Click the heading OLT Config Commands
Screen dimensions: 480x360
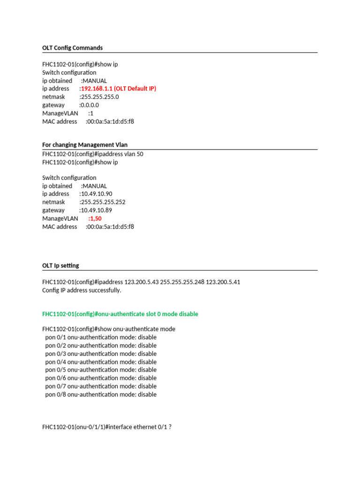(x=72, y=48)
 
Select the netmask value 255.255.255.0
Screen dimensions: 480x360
(x=99, y=97)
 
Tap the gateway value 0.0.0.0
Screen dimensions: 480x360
(x=89, y=105)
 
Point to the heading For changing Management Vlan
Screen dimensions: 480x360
(x=85, y=145)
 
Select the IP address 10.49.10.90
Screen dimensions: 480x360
(x=97, y=194)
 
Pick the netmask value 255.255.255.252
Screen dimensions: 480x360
(x=103, y=202)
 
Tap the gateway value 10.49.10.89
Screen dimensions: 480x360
(x=96, y=210)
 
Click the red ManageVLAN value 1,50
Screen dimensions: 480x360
(x=95, y=218)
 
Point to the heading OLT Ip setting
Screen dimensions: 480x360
(x=60, y=265)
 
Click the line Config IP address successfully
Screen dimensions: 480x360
(x=82, y=290)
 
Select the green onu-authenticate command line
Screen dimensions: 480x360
(x=120, y=314)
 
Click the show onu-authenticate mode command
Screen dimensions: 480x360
(x=109, y=329)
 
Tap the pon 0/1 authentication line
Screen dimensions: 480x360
(x=101, y=337)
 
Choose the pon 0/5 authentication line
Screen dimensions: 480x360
(x=101, y=370)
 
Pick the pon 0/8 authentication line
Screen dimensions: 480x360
(x=101, y=394)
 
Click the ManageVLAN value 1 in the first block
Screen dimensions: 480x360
(x=91, y=113)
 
